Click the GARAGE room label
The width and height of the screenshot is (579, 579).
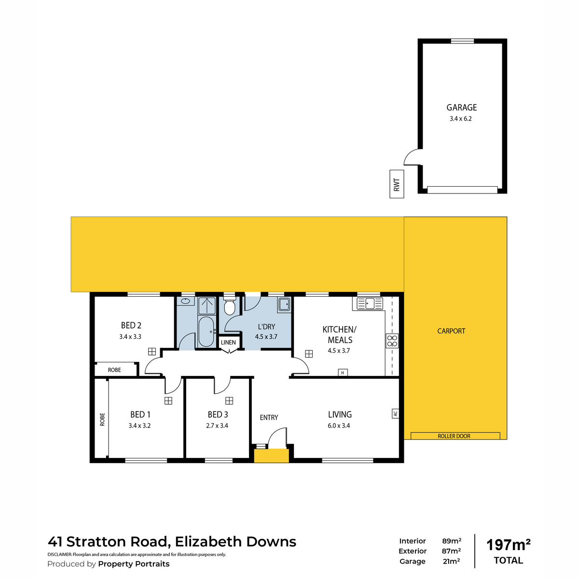click(x=461, y=107)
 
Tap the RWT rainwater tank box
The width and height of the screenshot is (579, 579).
click(x=396, y=184)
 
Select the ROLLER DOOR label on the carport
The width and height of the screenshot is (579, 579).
click(x=454, y=436)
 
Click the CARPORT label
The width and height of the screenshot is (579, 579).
click(x=451, y=331)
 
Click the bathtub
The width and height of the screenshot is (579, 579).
click(x=206, y=331)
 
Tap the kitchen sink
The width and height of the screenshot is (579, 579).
click(x=370, y=303)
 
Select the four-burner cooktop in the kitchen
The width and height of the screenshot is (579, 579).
click(x=392, y=341)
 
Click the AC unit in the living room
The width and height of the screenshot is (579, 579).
click(x=395, y=414)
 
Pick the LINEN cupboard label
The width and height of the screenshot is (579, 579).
click(x=228, y=342)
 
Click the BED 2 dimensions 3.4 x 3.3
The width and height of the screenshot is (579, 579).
click(x=130, y=336)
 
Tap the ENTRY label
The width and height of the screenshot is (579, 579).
click(x=269, y=417)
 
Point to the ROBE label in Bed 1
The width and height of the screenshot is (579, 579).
click(x=102, y=419)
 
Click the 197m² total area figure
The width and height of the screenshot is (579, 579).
click(x=509, y=545)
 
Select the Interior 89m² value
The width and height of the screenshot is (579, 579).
click(x=452, y=541)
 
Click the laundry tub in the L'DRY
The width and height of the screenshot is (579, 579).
click(x=284, y=304)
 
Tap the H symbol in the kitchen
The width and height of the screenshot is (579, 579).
click(x=343, y=372)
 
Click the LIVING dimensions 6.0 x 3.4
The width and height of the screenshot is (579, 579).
click(x=339, y=426)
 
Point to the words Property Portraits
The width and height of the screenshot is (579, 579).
click(x=134, y=564)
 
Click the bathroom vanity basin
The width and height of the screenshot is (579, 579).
click(x=185, y=301)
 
